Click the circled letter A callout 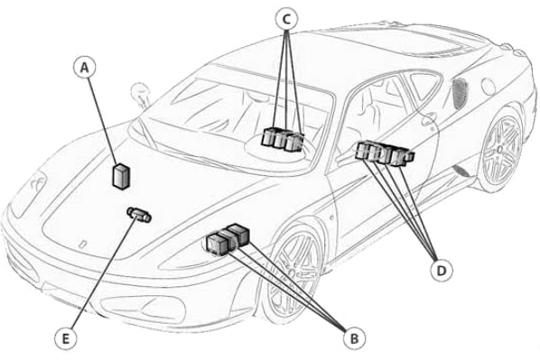click(84, 68)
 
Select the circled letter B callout click(354, 338)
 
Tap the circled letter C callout click(286, 19)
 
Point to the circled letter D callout click(442, 271)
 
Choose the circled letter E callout click(65, 339)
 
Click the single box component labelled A click(121, 177)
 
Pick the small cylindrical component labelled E click(139, 215)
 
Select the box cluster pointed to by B click(228, 239)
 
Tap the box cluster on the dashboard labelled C click(283, 140)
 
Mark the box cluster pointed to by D click(385, 154)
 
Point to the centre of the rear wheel click(500, 149)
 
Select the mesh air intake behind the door click(460, 93)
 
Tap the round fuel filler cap click(489, 87)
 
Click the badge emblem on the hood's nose click(82, 245)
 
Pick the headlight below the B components click(143, 308)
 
